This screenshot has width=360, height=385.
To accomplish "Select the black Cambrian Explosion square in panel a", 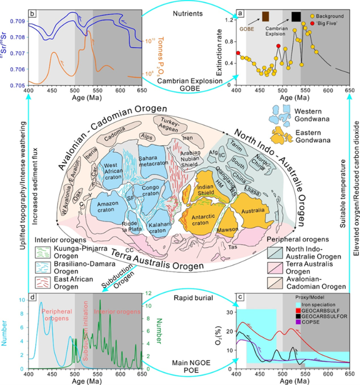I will tap(296, 16).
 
